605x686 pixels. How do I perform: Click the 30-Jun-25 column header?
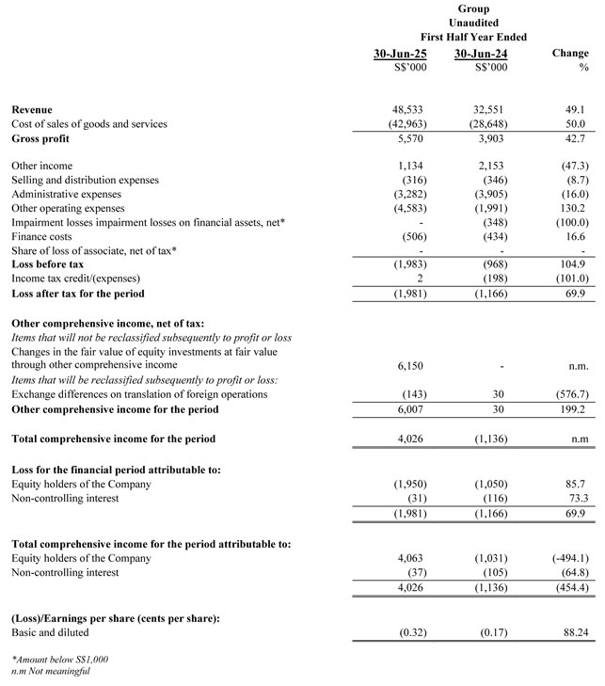pos(400,54)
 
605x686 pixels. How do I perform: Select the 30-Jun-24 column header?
pos(480,54)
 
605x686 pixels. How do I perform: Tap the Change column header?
pos(570,54)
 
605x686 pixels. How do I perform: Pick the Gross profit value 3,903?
pos(488,138)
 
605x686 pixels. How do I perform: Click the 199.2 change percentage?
pos(570,409)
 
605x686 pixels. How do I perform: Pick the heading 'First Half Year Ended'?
pos(473,36)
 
